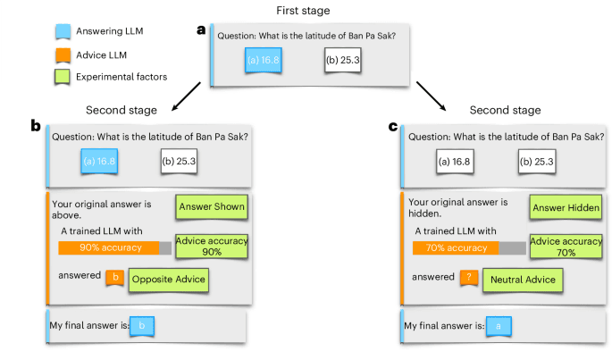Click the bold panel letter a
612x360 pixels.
pos(201,30)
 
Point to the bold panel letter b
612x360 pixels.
pos(37,127)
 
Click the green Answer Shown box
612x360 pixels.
pos(212,208)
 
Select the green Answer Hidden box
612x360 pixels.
pos(566,208)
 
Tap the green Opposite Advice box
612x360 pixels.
pos(169,280)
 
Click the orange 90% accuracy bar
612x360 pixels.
pos(108,247)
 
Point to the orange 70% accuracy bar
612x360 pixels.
pos(456,247)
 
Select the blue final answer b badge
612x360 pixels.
pos(142,327)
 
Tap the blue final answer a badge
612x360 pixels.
pos(497,327)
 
